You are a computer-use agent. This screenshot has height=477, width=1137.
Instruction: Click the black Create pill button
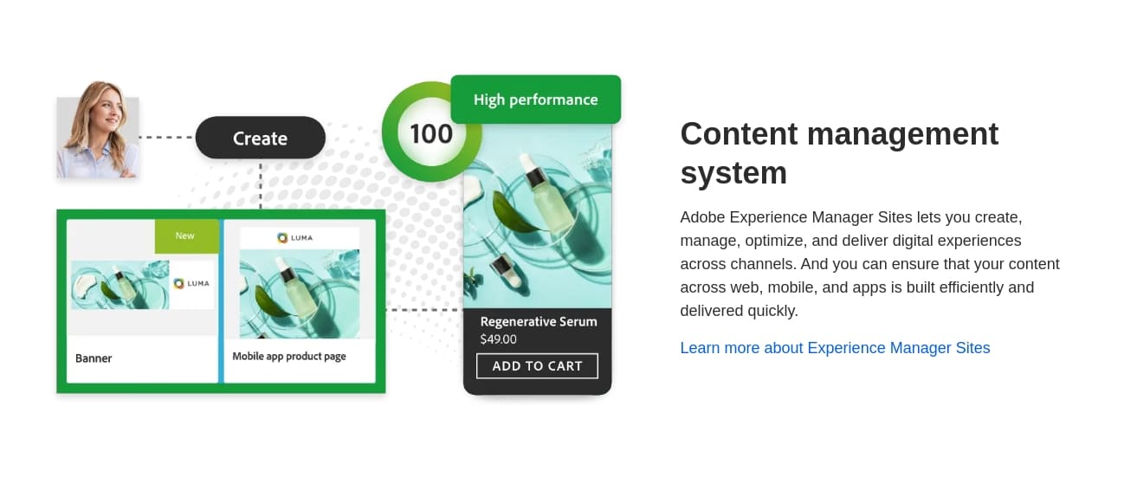261,138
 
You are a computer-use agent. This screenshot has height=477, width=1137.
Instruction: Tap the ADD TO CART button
537,366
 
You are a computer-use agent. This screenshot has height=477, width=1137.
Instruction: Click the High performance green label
535,100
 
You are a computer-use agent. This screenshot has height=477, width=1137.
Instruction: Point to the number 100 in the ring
431,133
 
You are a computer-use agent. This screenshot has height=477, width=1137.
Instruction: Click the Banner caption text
94,358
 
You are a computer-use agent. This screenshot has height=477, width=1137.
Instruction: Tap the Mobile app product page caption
289,356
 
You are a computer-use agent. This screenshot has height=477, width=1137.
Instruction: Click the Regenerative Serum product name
539,322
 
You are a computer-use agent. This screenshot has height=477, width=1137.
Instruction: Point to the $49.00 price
499,339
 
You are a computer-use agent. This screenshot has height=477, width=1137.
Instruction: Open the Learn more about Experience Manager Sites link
835,348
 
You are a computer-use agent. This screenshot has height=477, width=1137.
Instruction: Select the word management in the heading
902,134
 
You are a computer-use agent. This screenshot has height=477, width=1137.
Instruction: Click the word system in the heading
733,173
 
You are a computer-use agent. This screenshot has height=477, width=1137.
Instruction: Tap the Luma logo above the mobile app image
295,237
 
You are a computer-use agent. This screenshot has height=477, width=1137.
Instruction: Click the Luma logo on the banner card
191,283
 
